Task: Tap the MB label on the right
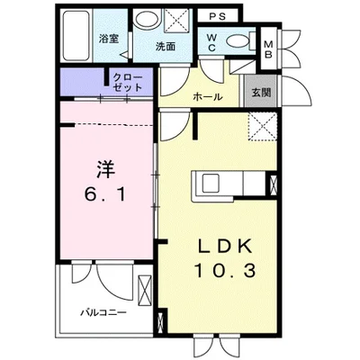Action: tap(269, 46)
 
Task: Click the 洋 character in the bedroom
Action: tap(103, 168)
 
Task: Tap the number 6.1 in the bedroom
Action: tap(104, 192)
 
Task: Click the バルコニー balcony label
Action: tap(99, 313)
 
